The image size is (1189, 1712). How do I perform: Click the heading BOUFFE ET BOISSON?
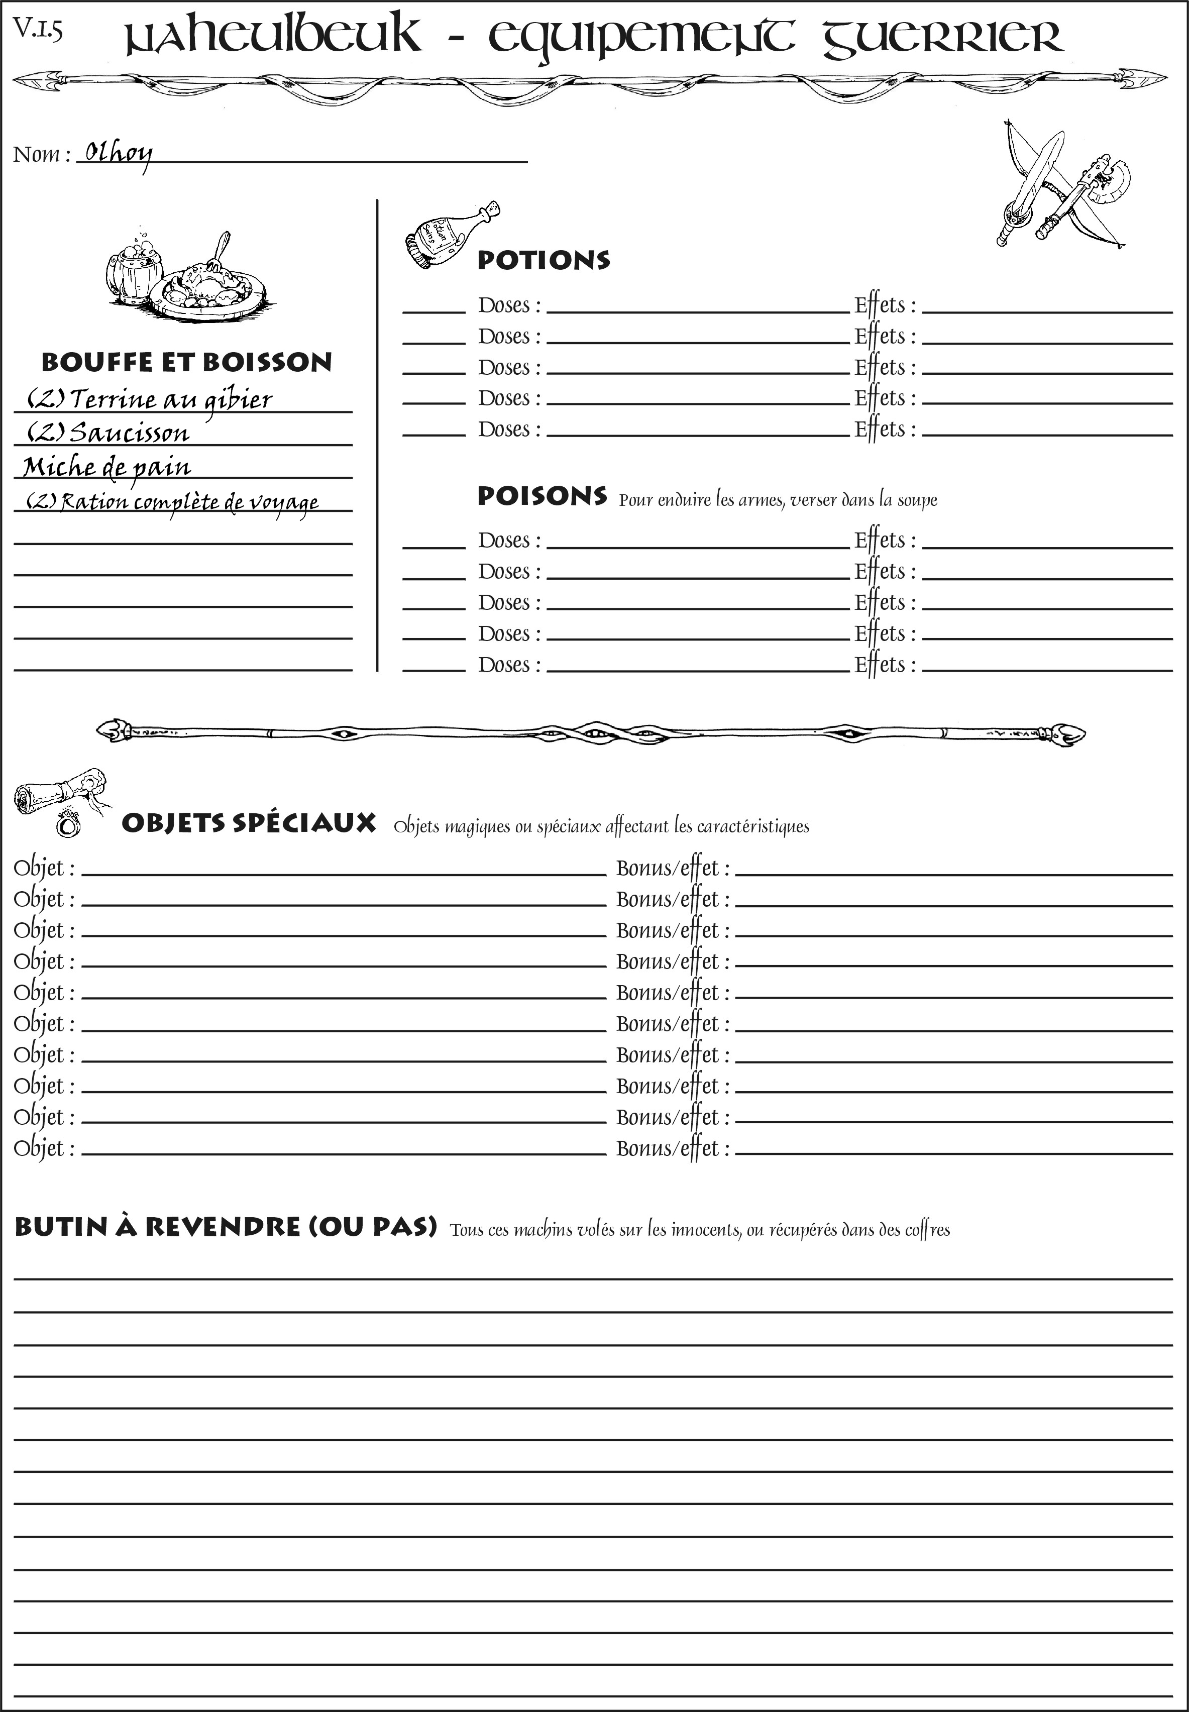coord(187,362)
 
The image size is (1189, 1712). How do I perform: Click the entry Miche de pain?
coord(106,467)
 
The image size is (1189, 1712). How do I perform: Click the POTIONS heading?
coord(543,260)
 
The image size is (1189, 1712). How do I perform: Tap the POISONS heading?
coord(542,496)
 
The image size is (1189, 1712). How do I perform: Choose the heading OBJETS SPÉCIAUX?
coord(248,823)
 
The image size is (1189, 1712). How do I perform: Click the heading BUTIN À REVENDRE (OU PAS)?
coord(225,1227)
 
